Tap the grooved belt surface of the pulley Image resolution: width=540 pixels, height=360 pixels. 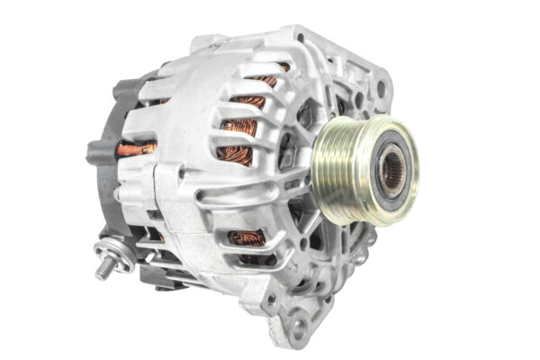[335, 171]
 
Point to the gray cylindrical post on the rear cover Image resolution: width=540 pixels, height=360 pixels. [99, 152]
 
